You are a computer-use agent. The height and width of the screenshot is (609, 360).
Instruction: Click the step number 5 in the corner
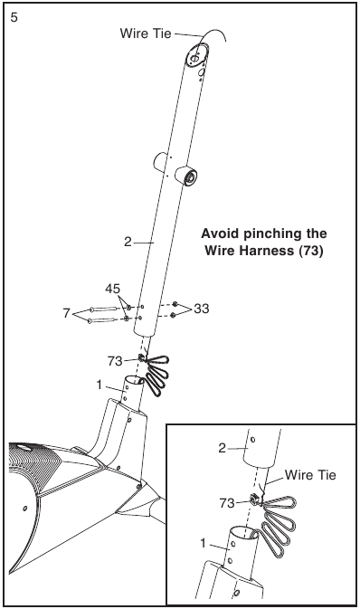click(14, 18)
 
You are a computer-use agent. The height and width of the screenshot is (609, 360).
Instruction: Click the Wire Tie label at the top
click(146, 33)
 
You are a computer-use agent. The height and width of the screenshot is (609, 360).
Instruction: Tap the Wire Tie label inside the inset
click(310, 474)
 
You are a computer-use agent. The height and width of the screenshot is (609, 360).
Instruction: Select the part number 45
click(113, 289)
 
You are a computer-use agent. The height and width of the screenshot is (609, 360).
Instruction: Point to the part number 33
click(202, 309)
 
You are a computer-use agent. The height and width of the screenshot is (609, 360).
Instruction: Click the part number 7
click(67, 313)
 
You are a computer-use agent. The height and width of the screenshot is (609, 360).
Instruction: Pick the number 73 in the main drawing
click(115, 362)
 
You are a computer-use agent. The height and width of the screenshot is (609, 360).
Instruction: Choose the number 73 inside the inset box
click(227, 503)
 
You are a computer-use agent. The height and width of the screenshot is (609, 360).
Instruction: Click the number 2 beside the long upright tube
click(128, 242)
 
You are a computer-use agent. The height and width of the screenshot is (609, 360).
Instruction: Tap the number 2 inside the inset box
click(223, 448)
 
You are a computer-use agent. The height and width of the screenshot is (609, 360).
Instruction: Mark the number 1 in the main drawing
click(99, 385)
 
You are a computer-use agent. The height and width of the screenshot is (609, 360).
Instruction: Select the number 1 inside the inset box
click(203, 543)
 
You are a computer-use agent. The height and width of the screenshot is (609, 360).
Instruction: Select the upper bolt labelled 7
click(103, 309)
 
